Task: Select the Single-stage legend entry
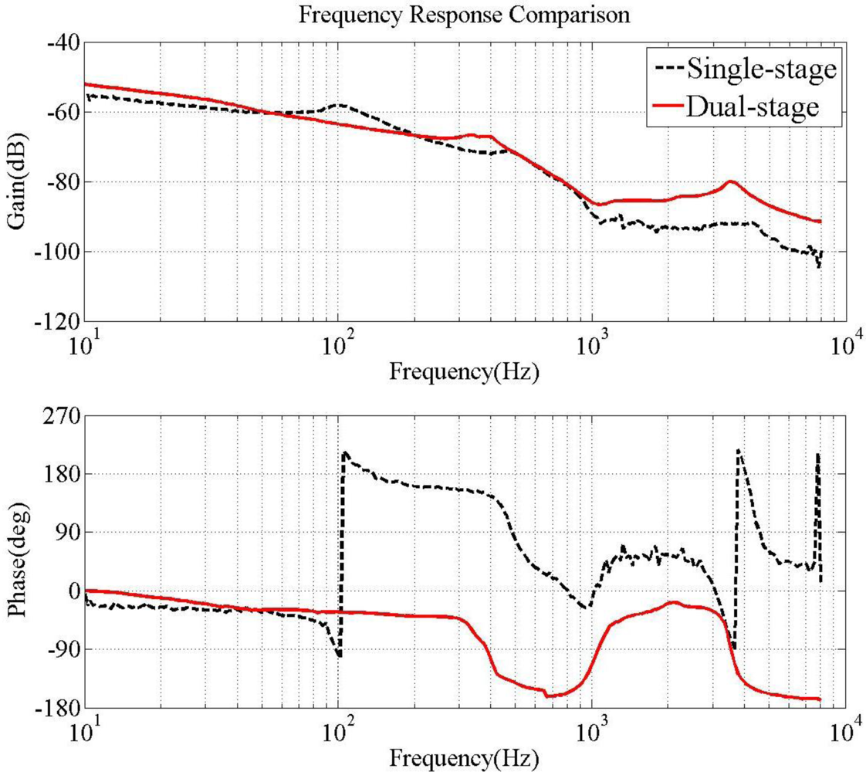coord(759,69)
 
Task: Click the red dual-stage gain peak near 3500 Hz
coord(730,182)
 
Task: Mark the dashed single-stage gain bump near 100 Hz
coord(338,104)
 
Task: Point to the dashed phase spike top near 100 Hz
coord(345,452)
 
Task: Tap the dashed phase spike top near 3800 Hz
coord(739,450)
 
